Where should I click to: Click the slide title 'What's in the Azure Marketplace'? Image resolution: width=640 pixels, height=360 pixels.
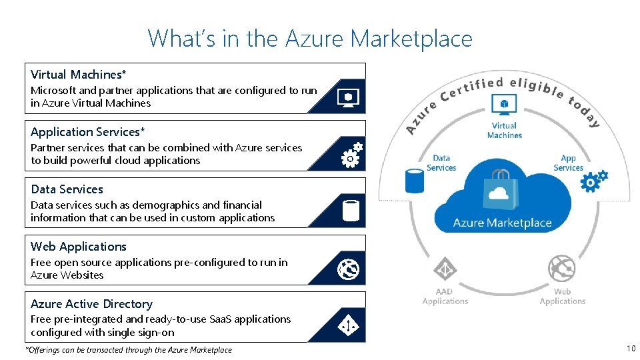pyautogui.click(x=310, y=39)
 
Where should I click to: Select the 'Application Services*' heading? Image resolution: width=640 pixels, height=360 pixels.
pyautogui.click(x=87, y=131)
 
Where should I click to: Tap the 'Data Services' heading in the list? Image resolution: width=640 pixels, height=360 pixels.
pyautogui.click(x=67, y=189)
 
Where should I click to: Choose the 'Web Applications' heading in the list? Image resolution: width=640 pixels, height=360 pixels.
pyautogui.click(x=79, y=246)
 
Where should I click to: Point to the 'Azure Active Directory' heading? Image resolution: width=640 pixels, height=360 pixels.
pyautogui.click(x=91, y=303)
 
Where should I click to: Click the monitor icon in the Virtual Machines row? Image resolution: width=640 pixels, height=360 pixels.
pyautogui.click(x=349, y=97)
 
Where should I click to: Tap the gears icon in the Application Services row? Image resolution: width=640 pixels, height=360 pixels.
pyautogui.click(x=351, y=155)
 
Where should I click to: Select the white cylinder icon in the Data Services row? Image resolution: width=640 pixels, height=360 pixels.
pyautogui.click(x=351, y=211)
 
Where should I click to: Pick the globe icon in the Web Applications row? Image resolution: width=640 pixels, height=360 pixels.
pyautogui.click(x=349, y=269)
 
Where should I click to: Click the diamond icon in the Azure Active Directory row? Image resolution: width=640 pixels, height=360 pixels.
pyautogui.click(x=349, y=326)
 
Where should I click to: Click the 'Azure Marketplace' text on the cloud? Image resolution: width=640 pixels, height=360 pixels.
pyautogui.click(x=502, y=223)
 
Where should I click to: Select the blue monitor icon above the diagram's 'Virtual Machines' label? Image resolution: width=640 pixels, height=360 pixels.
pyautogui.click(x=504, y=104)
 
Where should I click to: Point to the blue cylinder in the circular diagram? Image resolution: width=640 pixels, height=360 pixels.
pyautogui.click(x=415, y=180)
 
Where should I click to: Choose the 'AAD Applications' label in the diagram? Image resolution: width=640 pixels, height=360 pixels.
pyautogui.click(x=445, y=296)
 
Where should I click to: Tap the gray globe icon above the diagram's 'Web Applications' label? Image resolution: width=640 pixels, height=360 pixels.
pyautogui.click(x=562, y=269)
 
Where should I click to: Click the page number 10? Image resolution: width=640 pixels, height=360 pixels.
pyautogui.click(x=630, y=349)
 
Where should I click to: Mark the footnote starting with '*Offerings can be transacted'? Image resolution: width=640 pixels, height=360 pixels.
pyautogui.click(x=129, y=349)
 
